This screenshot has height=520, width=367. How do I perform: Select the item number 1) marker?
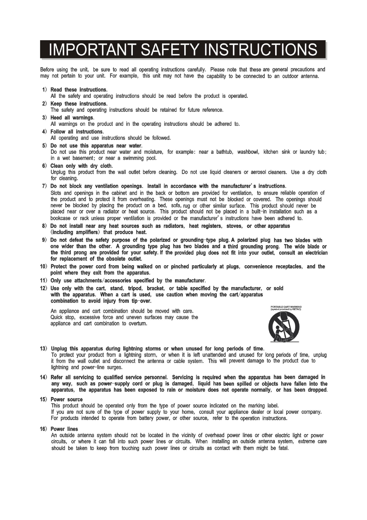coord(44,90)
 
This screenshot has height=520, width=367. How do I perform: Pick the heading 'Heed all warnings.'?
coord(72,118)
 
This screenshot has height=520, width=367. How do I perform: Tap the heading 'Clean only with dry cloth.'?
coord(82,166)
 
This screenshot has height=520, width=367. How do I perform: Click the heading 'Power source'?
coord(67,399)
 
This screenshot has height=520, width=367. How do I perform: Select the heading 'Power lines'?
coord(64,429)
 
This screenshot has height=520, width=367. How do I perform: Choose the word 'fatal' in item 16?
coord(283,448)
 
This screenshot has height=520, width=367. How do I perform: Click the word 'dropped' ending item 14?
coord(317,390)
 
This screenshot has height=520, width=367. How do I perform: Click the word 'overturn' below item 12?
coord(137,324)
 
